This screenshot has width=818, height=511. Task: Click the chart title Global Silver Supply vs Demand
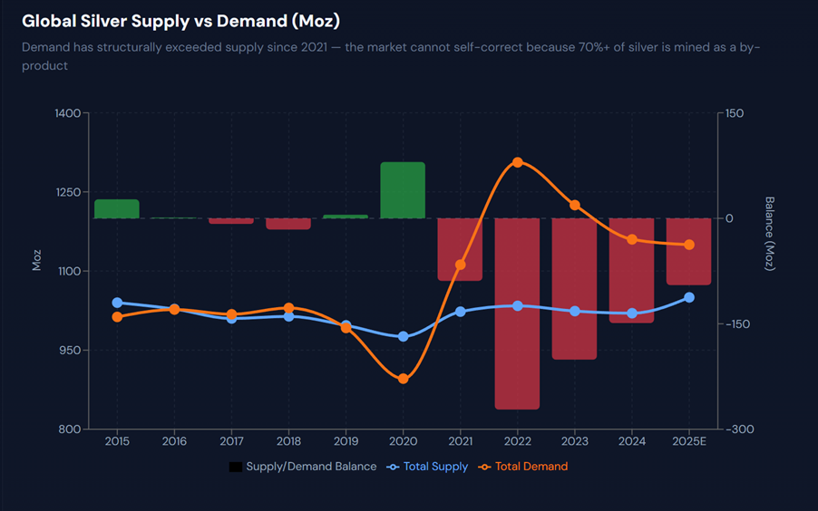tap(181, 20)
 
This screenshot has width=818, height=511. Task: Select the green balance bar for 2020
tap(403, 190)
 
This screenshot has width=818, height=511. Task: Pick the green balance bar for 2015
tap(117, 208)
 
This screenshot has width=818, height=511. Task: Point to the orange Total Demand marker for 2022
tap(518, 162)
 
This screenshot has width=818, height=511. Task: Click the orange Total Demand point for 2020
tap(404, 379)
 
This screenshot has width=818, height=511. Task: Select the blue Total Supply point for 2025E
tap(689, 297)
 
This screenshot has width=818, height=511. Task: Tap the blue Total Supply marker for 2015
tap(117, 303)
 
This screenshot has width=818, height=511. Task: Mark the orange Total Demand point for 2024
tap(632, 239)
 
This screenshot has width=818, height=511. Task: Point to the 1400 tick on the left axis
tap(67, 113)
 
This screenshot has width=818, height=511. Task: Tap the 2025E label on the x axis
tap(689, 441)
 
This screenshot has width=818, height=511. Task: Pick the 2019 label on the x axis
tap(346, 441)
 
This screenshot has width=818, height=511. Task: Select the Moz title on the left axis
tap(37, 260)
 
